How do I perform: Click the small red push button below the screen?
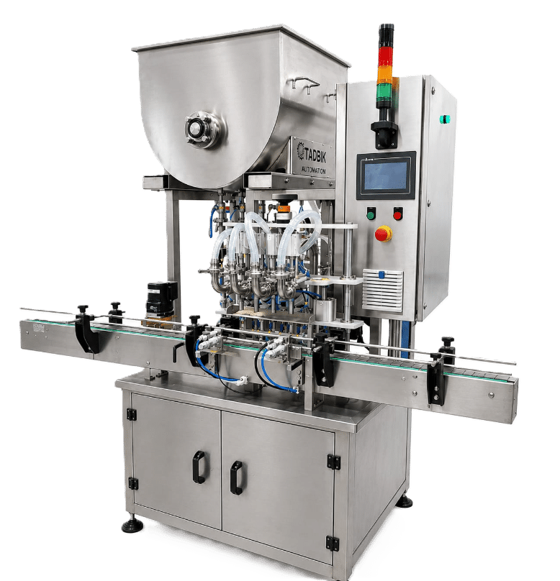[397, 214]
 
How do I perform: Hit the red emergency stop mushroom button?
[383, 234]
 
